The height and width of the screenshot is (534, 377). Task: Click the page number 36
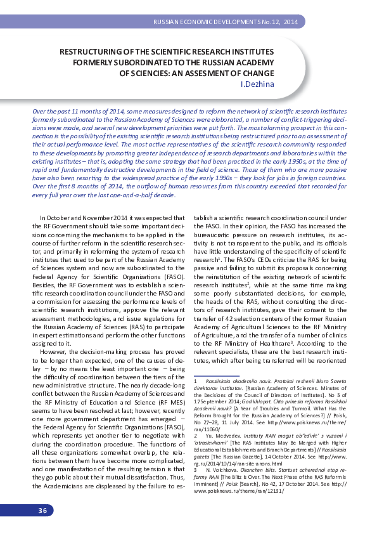pos(42,511)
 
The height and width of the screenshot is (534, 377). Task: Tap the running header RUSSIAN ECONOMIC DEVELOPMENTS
pos(206,22)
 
